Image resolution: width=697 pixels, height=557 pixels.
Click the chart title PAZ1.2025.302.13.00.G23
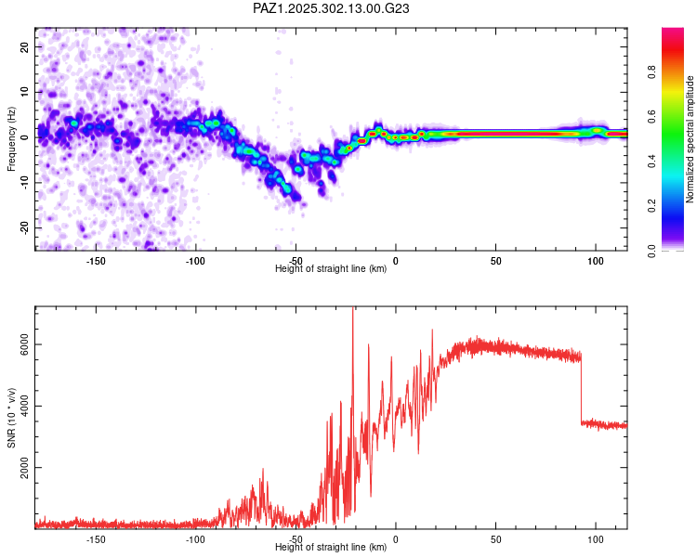pyautogui.click(x=332, y=8)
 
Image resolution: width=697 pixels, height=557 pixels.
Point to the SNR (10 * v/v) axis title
pyautogui.click(x=11, y=418)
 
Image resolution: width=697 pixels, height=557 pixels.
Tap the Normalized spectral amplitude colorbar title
pyautogui.click(x=690, y=139)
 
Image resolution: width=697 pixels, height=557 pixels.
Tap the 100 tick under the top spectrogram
pyautogui.click(x=596, y=261)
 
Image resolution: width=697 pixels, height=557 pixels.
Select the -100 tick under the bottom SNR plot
pyautogui.click(x=195, y=539)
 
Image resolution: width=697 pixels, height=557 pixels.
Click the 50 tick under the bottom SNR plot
pyautogui.click(x=495, y=539)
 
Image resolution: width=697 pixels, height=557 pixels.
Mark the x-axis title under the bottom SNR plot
pyautogui.click(x=331, y=548)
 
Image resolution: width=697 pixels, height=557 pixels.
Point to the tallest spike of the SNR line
pyautogui.click(x=353, y=312)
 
